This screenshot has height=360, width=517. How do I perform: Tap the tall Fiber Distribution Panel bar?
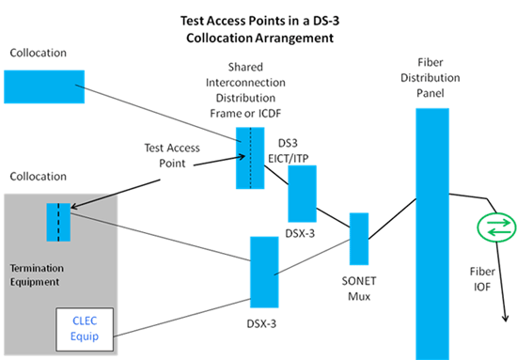(x=430, y=226)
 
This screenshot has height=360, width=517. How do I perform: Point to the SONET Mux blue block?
(x=358, y=239)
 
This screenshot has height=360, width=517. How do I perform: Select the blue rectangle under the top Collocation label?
(x=42, y=86)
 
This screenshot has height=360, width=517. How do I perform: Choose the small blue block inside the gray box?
(x=58, y=222)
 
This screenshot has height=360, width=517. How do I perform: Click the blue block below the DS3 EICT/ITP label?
(x=302, y=194)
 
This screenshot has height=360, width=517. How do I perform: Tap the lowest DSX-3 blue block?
(x=263, y=272)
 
